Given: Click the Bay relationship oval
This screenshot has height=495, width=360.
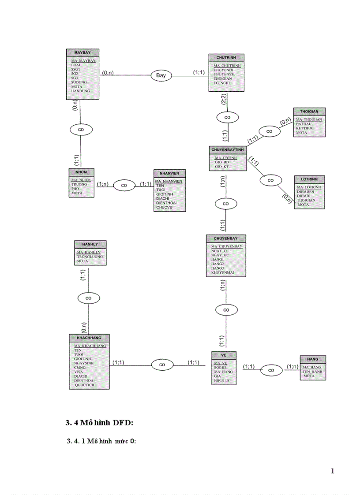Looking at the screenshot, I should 161,76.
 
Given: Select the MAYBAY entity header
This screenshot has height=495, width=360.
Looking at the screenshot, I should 82,52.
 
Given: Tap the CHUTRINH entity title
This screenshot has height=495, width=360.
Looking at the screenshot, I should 226,58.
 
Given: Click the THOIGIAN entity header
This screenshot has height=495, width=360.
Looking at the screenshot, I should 309,112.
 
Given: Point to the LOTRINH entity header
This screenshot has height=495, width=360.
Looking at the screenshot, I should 309,179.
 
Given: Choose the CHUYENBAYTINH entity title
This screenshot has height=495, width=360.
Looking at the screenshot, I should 228,150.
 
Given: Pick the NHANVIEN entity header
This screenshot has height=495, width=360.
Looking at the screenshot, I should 169,173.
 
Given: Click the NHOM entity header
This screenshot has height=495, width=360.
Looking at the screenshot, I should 82,172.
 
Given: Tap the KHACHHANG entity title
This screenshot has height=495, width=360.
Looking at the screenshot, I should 89,338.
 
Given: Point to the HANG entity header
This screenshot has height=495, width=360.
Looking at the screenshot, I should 313,359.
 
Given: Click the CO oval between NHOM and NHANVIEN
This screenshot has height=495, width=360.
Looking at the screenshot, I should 124,186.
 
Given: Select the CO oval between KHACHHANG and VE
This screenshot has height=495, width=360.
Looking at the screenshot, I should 162,365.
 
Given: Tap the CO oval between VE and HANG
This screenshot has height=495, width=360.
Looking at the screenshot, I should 271,370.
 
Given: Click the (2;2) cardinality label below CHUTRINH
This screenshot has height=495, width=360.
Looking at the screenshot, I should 224,100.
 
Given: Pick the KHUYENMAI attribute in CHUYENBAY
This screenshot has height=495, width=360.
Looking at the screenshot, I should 223,273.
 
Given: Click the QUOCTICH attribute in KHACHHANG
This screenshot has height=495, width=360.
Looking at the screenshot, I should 84,384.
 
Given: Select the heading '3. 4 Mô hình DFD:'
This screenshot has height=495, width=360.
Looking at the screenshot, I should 99,423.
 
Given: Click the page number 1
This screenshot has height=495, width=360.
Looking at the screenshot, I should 333,471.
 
